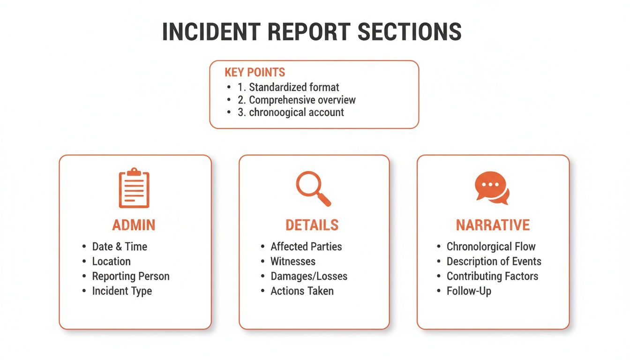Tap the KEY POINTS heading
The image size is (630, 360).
click(255, 72)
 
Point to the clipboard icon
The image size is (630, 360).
click(134, 188)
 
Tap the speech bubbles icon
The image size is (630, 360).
click(492, 188)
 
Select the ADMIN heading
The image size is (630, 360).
click(134, 225)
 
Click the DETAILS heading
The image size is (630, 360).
click(312, 225)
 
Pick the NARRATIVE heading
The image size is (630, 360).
click(493, 225)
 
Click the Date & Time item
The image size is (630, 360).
click(120, 247)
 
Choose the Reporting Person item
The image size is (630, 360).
click(131, 276)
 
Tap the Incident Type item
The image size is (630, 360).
click(122, 291)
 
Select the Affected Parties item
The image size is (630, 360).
click(306, 247)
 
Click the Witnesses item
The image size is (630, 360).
click(293, 262)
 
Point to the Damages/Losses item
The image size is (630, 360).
click(309, 276)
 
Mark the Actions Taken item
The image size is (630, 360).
click(302, 291)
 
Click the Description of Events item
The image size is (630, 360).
click(494, 262)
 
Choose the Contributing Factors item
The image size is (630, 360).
click(492, 276)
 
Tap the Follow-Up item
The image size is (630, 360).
click(469, 291)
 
